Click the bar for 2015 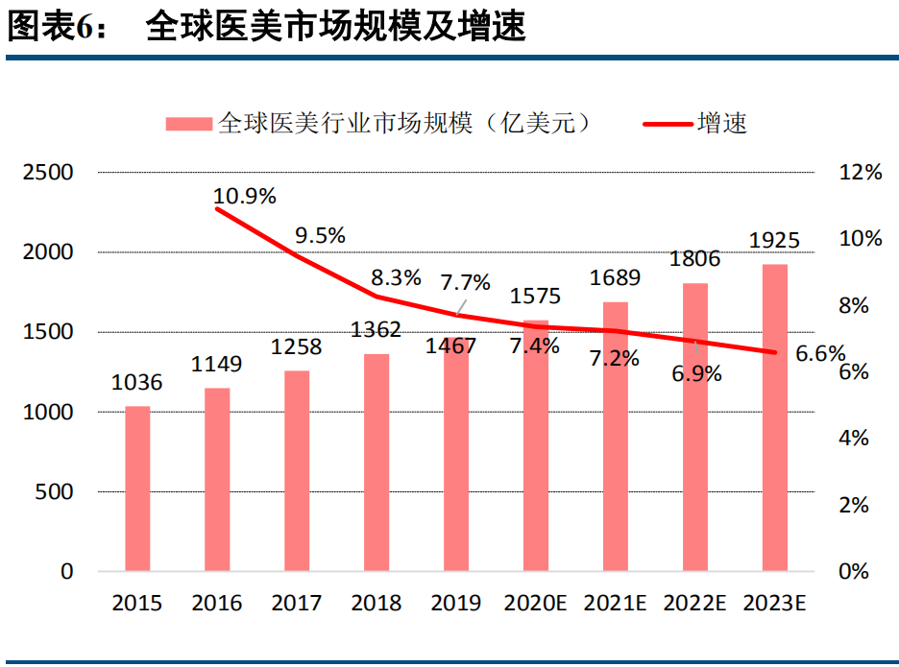137,489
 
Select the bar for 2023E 775,417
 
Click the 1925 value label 775,240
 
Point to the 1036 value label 137,383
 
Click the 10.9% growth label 245,196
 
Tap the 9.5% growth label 321,235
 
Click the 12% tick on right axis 860,173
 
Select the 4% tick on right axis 854,439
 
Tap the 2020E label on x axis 536,604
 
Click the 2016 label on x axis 217,604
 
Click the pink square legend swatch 187,124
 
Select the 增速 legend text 722,124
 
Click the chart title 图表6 58,28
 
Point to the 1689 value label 616,278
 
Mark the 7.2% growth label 615,359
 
